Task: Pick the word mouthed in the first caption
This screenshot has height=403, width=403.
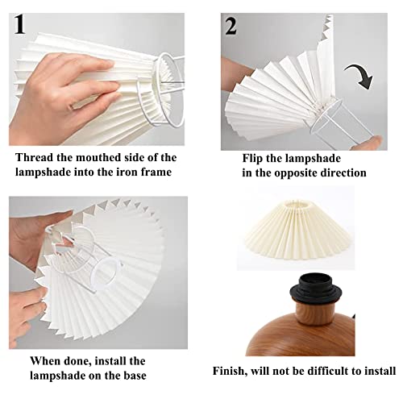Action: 106,157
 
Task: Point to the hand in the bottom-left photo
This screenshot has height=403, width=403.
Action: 32,242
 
